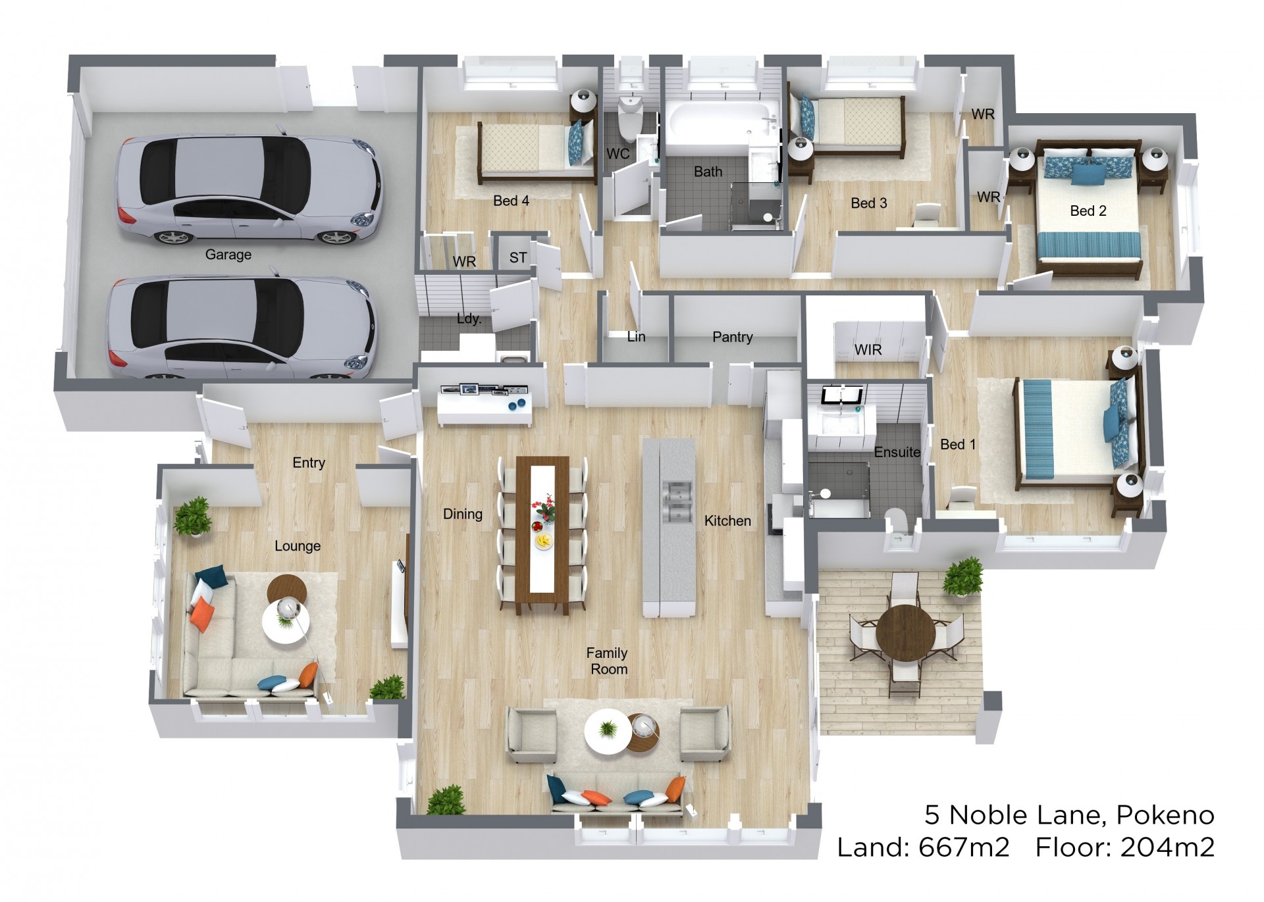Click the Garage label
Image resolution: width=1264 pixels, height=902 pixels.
point(228,255)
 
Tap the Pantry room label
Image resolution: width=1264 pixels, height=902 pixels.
point(732,338)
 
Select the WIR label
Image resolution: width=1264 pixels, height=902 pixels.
point(868,350)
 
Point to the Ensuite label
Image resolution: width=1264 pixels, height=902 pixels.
point(897,452)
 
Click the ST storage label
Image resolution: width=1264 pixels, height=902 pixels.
point(518,258)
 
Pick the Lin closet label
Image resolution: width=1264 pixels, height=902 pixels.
point(636,337)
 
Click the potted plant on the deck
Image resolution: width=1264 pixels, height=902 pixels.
point(962,576)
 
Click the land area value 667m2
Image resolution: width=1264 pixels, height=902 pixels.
point(964,847)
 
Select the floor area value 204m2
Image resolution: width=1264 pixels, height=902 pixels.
point(1167,847)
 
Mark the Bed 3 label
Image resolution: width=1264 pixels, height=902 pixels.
point(868,203)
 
